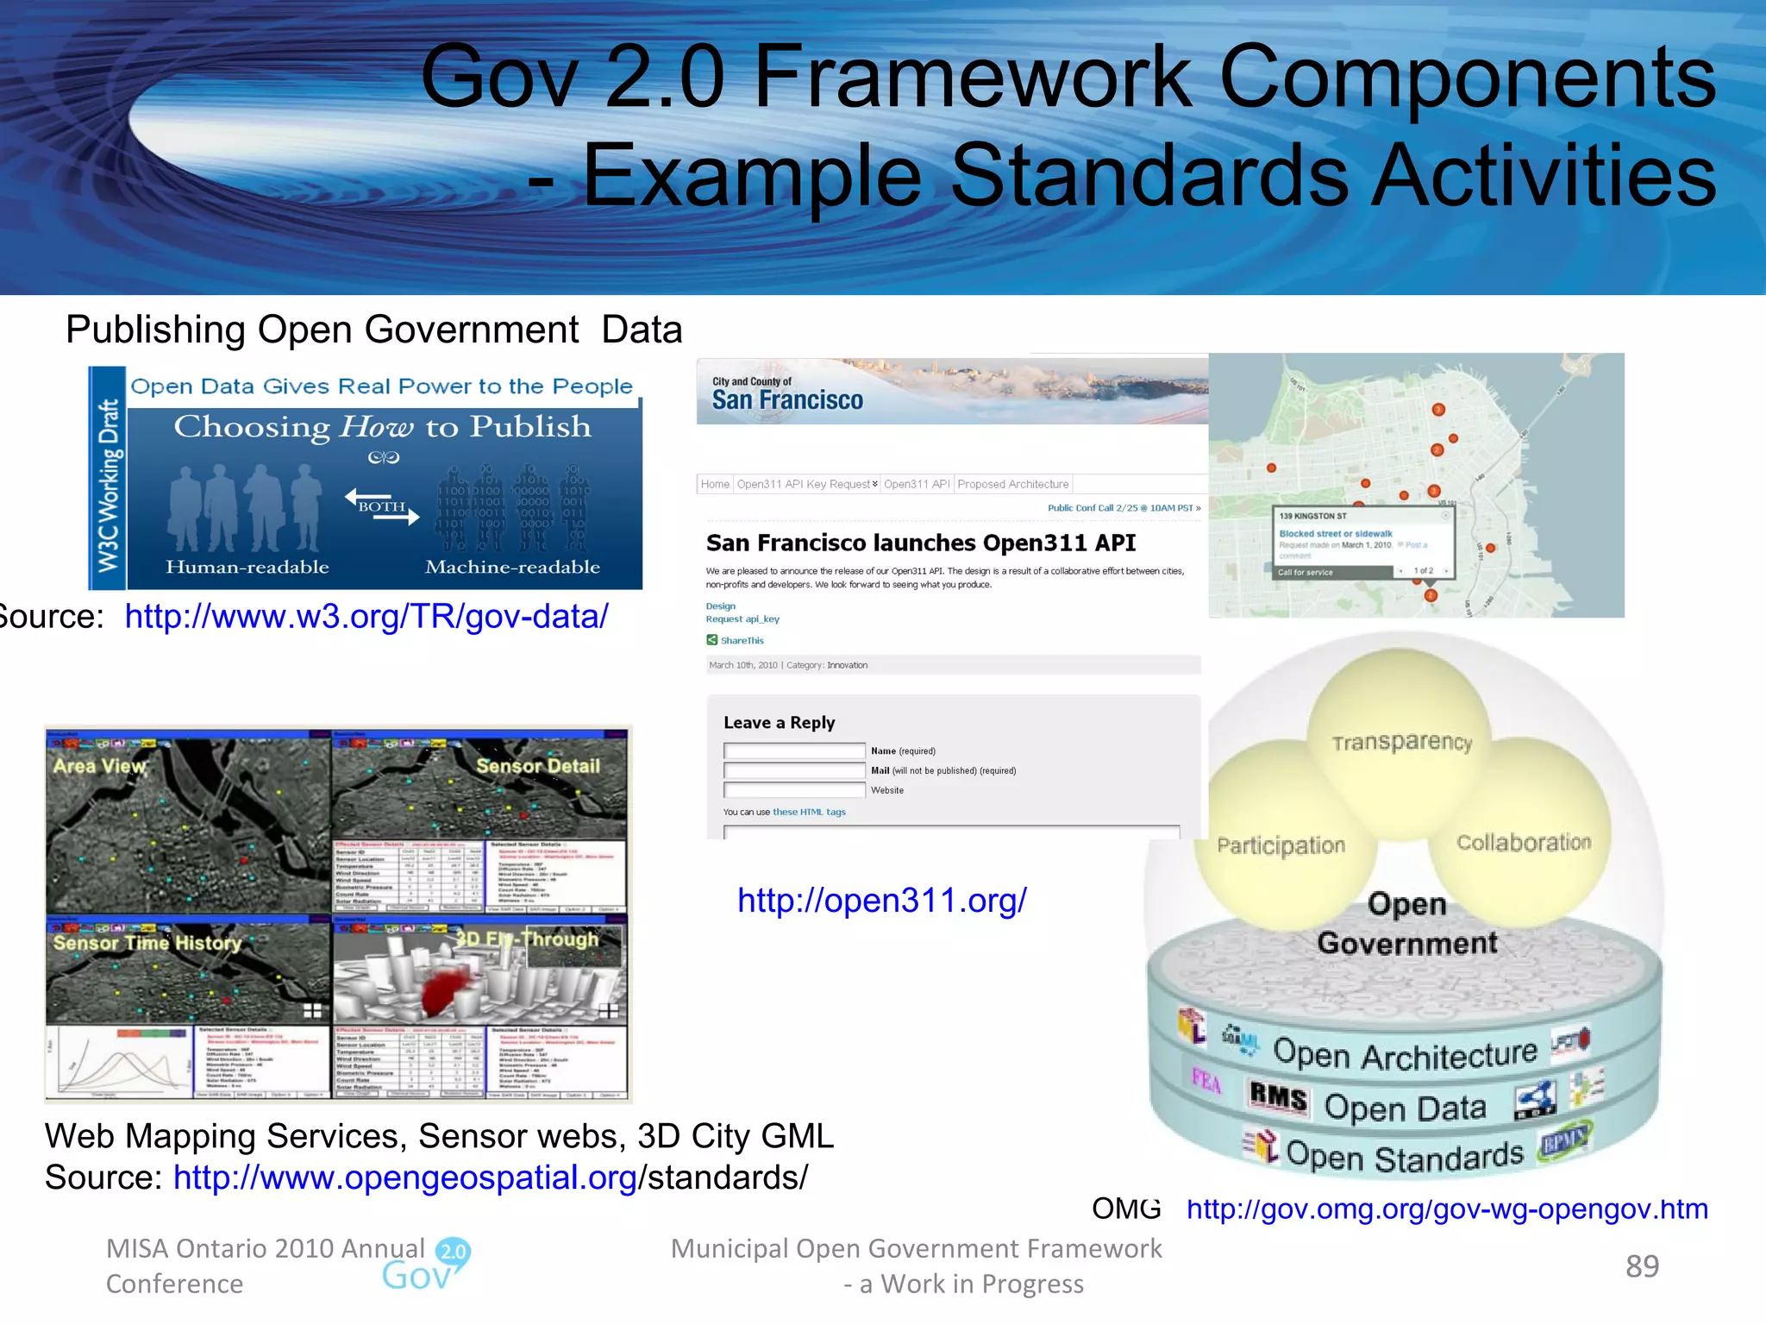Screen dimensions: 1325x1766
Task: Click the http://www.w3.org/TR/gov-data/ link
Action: [x=366, y=617]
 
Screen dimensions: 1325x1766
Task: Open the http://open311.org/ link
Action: [x=881, y=901]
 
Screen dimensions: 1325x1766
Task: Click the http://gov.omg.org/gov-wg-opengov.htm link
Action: [x=1446, y=1209]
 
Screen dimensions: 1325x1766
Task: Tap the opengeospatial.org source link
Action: [x=405, y=1177]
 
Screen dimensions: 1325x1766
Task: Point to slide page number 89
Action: [x=1642, y=1266]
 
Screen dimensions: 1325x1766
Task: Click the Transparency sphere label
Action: [x=1401, y=742]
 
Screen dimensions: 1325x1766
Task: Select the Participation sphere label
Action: [x=1281, y=845]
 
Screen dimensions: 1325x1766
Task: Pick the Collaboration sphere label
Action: [x=1524, y=843]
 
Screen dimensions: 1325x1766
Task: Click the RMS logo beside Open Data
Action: [x=1278, y=1098]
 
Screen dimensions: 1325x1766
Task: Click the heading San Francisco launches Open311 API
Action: [x=921, y=543]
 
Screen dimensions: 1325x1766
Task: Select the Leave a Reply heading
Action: [x=779, y=723]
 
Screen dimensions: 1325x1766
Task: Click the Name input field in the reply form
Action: [x=794, y=750]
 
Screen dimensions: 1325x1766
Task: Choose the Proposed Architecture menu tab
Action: [x=1012, y=484]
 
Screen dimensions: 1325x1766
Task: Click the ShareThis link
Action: [x=742, y=640]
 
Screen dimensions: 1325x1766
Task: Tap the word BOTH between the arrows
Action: [x=381, y=506]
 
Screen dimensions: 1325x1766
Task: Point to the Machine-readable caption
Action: [x=512, y=567]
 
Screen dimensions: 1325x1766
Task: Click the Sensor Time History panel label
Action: [x=147, y=943]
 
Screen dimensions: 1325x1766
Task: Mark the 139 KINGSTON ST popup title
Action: [x=1312, y=516]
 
